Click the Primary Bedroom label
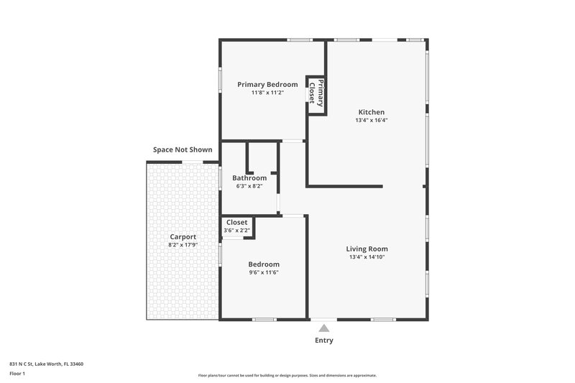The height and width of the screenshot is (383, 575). pyautogui.click(x=267, y=85)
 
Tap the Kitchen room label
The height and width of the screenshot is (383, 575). pyautogui.click(x=372, y=112)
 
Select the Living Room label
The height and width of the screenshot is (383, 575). pyautogui.click(x=367, y=249)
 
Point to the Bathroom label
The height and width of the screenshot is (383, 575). pyautogui.click(x=249, y=178)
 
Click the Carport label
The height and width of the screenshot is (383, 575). pyautogui.click(x=183, y=237)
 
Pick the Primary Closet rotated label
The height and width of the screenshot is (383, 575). pyautogui.click(x=316, y=92)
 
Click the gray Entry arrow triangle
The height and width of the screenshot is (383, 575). pyautogui.click(x=324, y=328)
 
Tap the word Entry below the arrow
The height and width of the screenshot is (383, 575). pyautogui.click(x=324, y=341)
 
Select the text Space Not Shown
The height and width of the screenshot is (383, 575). pyautogui.click(x=183, y=150)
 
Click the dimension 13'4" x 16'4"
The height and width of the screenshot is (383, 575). pyautogui.click(x=372, y=121)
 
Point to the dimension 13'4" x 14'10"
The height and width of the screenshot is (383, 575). pyautogui.click(x=367, y=257)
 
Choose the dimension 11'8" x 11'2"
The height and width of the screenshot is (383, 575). pyautogui.click(x=267, y=93)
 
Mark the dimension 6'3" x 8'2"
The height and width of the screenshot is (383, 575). pyautogui.click(x=249, y=186)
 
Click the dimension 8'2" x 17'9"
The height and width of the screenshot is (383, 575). pyautogui.click(x=183, y=245)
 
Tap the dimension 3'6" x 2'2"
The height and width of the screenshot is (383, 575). pyautogui.click(x=237, y=231)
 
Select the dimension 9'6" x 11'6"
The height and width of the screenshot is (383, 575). pyautogui.click(x=264, y=272)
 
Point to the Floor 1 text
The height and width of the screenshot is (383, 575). pyautogui.click(x=18, y=374)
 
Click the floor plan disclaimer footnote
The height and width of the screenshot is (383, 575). pyautogui.click(x=287, y=375)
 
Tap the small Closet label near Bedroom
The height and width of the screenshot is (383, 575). pyautogui.click(x=237, y=223)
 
